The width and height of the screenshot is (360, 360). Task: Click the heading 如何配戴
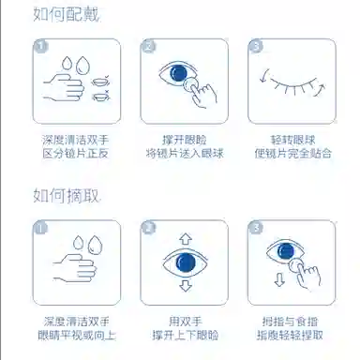(x=67, y=15)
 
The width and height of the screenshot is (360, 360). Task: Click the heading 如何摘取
(x=67, y=196)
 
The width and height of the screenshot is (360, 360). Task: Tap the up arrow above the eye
(x=186, y=239)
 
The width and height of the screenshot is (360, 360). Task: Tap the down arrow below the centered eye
(x=186, y=285)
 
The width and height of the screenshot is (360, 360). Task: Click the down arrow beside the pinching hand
(x=279, y=279)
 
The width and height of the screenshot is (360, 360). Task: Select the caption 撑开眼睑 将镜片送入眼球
(x=185, y=146)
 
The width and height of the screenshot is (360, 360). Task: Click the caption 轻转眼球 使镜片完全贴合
(x=292, y=146)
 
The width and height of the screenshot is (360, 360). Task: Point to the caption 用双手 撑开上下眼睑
(x=185, y=328)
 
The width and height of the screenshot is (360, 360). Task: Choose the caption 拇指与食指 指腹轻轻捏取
(x=290, y=328)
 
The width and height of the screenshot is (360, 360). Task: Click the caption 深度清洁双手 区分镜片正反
(x=75, y=146)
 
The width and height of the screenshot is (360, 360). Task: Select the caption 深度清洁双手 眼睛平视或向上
(x=77, y=328)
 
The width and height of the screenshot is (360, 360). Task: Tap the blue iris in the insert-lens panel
(x=178, y=73)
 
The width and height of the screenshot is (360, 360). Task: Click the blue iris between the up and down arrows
(x=186, y=262)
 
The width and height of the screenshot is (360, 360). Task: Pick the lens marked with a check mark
(x=101, y=82)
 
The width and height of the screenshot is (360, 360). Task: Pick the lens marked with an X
(x=101, y=96)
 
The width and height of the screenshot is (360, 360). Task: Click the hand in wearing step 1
(x=64, y=87)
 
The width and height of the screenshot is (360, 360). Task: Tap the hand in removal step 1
(x=75, y=268)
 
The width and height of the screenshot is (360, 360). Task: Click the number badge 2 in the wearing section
(x=148, y=46)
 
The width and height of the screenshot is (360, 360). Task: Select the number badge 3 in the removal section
(x=256, y=228)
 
